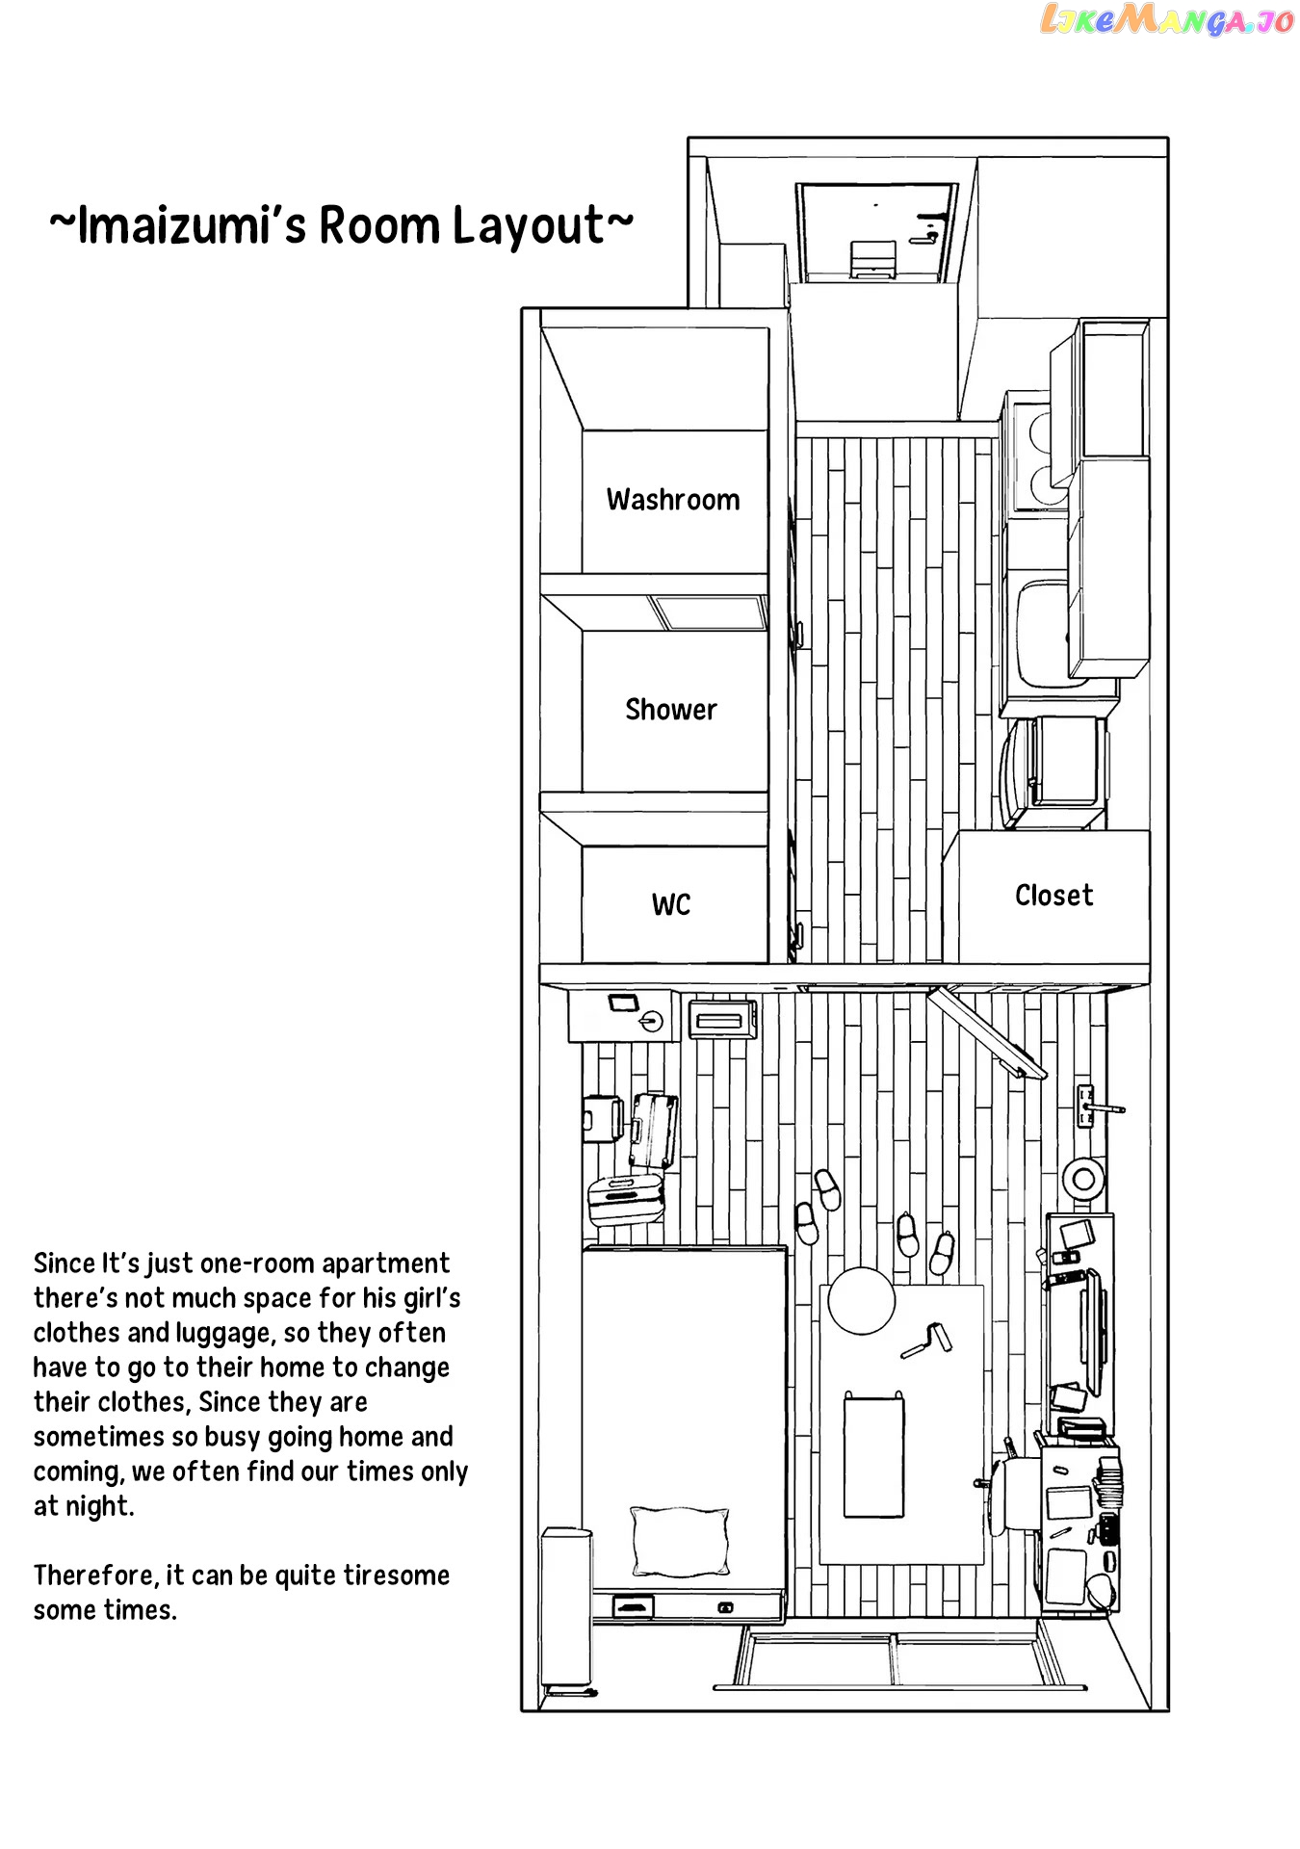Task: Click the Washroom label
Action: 673,500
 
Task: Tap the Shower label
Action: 671,710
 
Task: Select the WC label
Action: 671,904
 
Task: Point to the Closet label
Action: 1053,896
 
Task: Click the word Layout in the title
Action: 529,226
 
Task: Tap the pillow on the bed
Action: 679,1540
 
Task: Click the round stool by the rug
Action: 861,1300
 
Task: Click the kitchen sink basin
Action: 1044,632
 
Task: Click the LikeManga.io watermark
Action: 1167,19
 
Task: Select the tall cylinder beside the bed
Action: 565,1608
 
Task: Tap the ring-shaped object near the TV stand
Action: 1083,1177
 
